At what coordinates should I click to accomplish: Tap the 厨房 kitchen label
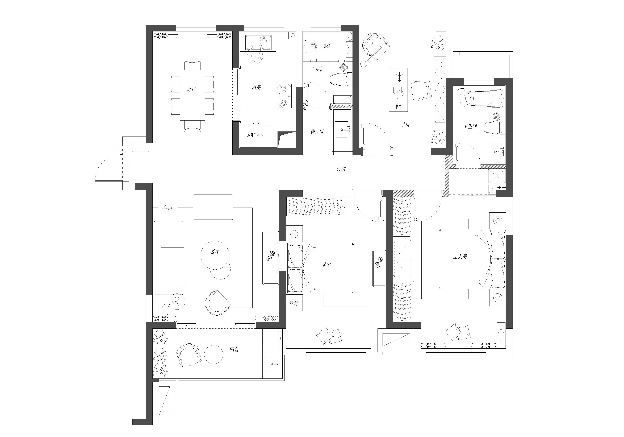point(256,88)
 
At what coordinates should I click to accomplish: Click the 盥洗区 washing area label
point(317,132)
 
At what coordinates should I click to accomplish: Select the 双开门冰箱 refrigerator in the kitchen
point(257,135)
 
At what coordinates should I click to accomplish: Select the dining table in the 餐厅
point(192,95)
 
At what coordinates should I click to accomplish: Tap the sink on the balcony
point(273,364)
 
